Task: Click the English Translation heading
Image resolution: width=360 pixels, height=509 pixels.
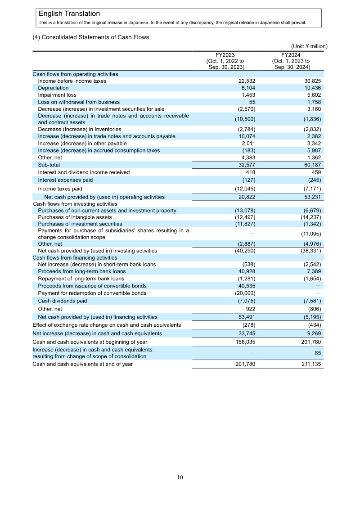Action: (69, 14)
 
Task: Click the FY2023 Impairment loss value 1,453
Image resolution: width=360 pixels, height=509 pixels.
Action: (247, 95)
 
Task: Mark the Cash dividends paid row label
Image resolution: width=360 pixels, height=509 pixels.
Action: (62, 301)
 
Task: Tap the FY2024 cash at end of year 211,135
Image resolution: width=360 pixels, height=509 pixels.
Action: (310, 364)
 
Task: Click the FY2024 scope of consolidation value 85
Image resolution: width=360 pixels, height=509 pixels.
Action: (317, 353)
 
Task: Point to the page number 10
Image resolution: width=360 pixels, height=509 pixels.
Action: (180, 477)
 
